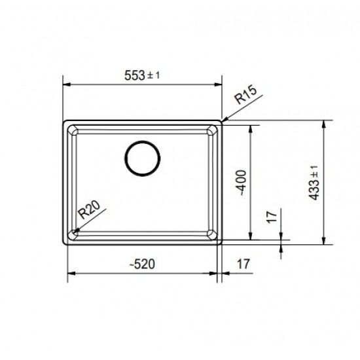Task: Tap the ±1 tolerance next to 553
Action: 154,76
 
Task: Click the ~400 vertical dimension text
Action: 240,183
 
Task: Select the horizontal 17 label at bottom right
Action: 243,265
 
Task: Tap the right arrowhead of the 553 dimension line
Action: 221,85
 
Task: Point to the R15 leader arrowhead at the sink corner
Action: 223,120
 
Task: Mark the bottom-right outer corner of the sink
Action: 223,243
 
